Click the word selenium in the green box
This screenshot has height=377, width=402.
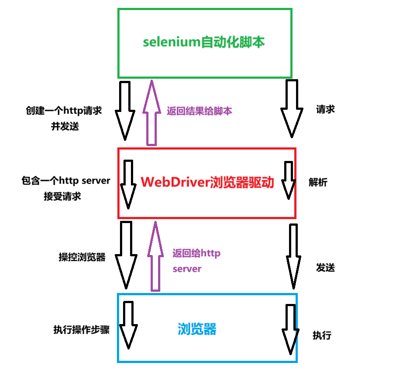tap(171, 43)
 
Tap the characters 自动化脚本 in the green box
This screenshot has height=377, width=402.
tap(233, 43)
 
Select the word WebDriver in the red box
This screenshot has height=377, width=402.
tap(174, 182)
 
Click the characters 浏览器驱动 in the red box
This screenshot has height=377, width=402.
tap(242, 182)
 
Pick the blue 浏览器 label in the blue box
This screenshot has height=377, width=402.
tap(197, 329)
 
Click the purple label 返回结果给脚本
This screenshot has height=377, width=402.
tap(199, 111)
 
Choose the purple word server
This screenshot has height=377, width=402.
tap(187, 269)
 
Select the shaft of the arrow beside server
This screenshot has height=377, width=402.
tap(155, 271)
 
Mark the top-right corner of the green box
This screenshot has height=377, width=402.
tap(291, 9)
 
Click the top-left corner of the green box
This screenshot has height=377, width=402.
tap(119, 9)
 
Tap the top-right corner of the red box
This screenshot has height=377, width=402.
tap(295, 149)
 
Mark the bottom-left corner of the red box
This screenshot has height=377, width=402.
tap(119, 217)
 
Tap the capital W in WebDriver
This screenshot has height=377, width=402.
tap(146, 182)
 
